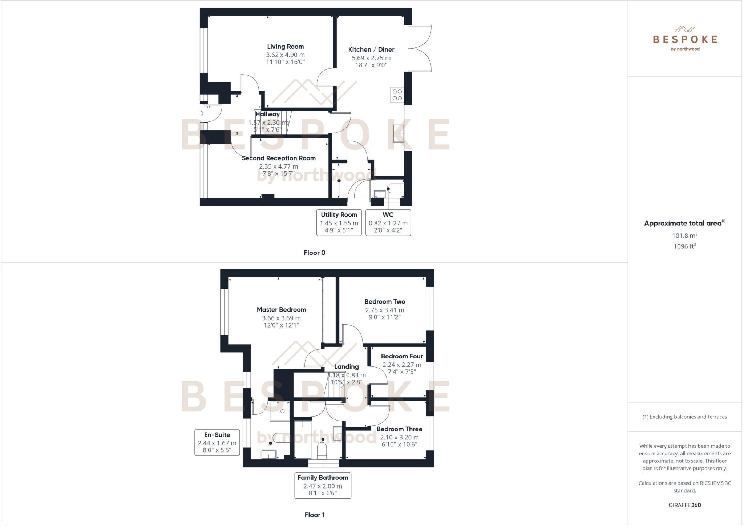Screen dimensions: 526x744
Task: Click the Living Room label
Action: pos(285,47)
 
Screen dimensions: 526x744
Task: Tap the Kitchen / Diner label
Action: pos(371,49)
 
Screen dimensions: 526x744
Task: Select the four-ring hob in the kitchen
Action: pos(397,95)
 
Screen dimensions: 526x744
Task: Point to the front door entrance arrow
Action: pos(201,113)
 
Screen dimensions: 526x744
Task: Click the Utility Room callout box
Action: pos(339,222)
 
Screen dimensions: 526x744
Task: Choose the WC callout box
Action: pos(388,222)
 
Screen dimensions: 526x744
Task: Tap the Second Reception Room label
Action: pos(279,158)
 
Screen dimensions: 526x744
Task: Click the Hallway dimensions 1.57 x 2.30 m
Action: pos(268,123)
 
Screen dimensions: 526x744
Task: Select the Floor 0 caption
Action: pos(315,253)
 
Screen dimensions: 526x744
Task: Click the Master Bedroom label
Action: pos(281,310)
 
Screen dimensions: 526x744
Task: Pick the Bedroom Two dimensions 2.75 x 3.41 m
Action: pos(385,310)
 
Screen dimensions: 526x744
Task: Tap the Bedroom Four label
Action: pos(402,356)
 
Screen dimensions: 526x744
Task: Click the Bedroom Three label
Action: pos(399,429)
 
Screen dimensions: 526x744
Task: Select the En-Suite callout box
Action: pos(217,442)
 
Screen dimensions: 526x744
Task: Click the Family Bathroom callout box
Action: pos(323,485)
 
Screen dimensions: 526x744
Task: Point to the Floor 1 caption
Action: pos(315,515)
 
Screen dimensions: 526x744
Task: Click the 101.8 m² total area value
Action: pos(684,236)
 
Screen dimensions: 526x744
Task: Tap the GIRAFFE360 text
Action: pos(684,505)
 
